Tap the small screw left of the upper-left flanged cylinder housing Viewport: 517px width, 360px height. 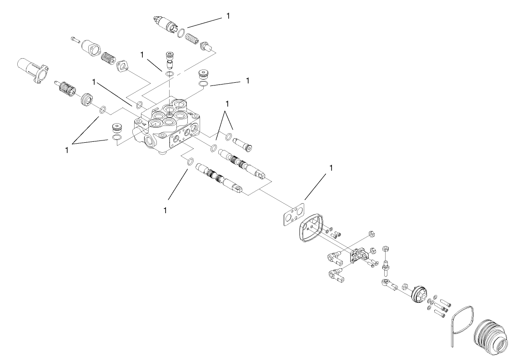pos(75,40)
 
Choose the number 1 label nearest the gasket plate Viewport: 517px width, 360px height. pos(331,168)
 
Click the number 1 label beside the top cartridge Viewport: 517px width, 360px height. pos(228,16)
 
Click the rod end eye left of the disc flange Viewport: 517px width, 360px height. pos(386,285)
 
